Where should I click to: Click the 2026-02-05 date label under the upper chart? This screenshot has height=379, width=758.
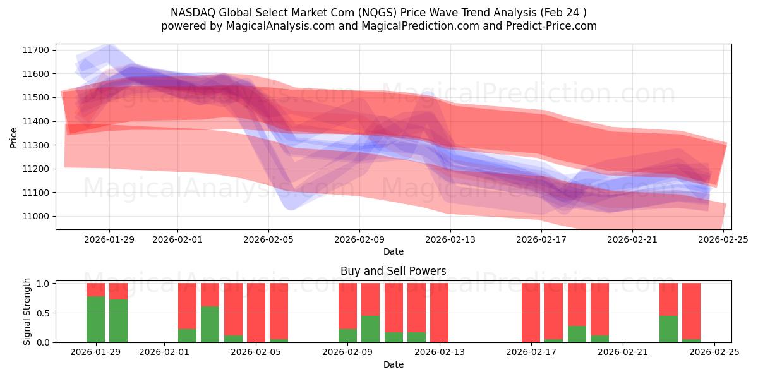pos(268,239)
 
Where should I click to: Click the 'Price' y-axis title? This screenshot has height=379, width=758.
pos(14,137)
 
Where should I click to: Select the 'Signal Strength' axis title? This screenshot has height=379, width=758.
pos(27,311)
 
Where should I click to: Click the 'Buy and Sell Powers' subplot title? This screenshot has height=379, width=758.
pos(393,271)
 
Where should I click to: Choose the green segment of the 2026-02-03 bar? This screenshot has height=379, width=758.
pos(210,324)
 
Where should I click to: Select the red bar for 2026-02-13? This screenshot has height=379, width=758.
pos(439,313)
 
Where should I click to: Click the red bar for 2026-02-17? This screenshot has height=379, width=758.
pos(531,313)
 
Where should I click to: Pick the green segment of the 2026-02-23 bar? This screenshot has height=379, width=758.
pos(668,329)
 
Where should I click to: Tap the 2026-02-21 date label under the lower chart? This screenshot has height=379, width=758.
pos(622,352)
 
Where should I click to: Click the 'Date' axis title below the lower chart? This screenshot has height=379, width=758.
pos(393,364)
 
